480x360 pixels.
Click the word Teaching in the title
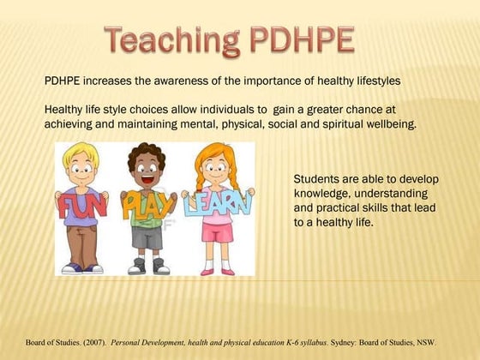tap(171, 39)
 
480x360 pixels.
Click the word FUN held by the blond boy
tap(80, 205)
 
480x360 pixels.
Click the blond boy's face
tap(81, 171)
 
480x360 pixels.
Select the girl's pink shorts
tap(218, 232)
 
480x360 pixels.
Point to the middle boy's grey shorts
tap(147, 237)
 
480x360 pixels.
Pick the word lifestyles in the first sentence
tap(371, 81)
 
